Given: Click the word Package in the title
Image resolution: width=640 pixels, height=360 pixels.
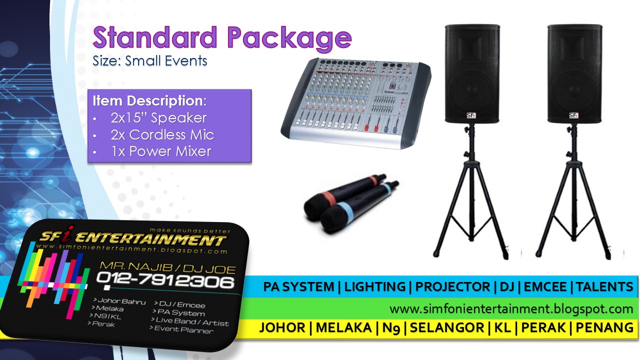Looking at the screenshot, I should coord(289,38).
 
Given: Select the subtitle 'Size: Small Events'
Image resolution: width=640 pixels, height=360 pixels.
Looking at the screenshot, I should coord(149,61).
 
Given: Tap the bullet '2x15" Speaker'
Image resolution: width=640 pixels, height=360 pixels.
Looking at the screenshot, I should coord(158,118).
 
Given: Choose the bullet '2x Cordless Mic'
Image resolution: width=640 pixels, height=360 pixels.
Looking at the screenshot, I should coord(162,134).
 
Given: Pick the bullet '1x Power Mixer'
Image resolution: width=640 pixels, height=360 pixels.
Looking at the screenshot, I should coord(160,151).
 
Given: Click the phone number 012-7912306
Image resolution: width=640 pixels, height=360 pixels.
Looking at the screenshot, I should coord(164,281).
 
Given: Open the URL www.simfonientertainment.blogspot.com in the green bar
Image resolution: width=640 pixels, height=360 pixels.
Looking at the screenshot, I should coord(511,308).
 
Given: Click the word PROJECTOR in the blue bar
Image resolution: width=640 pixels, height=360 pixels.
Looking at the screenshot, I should coord(452,287).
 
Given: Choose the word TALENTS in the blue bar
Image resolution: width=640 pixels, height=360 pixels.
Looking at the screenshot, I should coord(604,287).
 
